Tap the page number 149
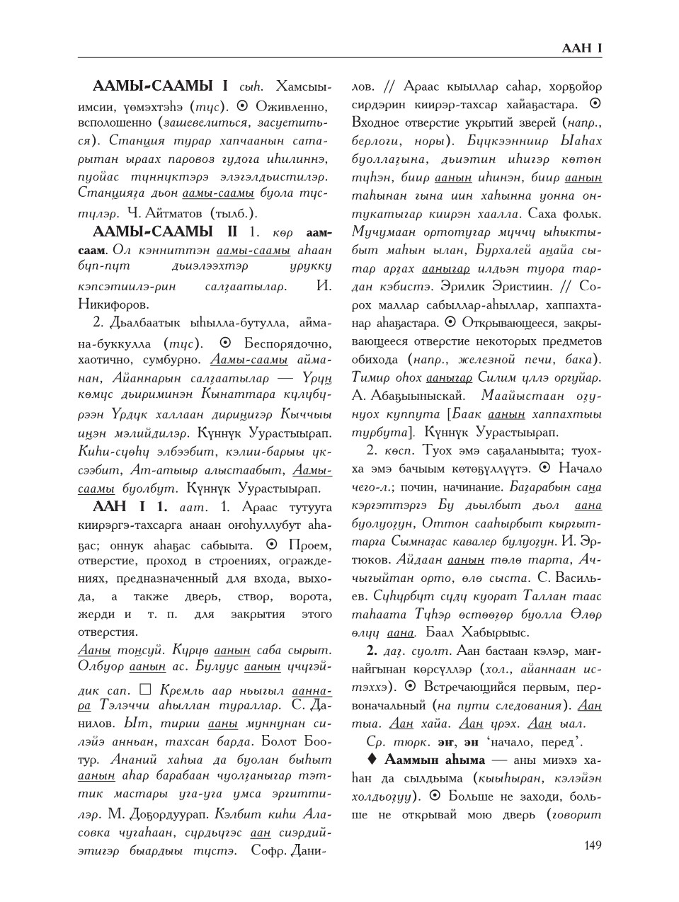point(592,845)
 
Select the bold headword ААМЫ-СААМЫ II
point(161,232)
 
